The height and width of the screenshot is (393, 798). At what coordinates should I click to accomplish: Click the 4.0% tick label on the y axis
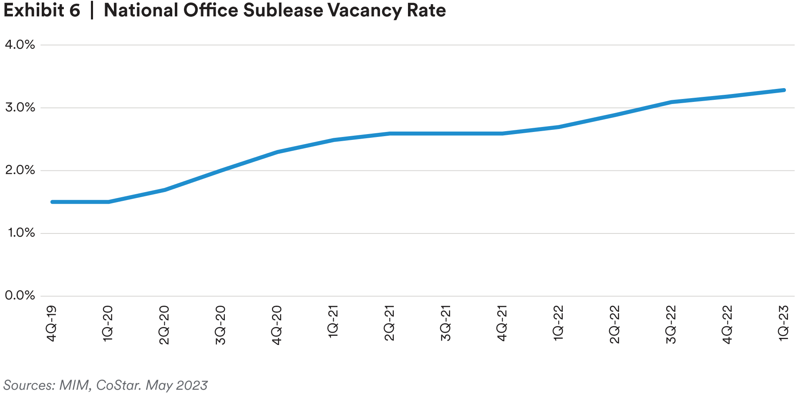20,45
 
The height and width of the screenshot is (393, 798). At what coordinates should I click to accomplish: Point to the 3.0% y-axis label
20,108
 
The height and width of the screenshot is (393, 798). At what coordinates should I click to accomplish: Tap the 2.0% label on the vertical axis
20,170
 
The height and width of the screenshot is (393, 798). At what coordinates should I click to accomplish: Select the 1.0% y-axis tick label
21,233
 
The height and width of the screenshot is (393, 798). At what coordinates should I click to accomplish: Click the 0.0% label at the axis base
20,296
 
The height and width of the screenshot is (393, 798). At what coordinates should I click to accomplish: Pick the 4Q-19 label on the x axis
51,324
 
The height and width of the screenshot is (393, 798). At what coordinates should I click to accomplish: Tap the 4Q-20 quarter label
277,325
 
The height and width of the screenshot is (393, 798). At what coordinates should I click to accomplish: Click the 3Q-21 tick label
446,324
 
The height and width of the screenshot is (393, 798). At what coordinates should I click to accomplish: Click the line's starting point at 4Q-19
53,202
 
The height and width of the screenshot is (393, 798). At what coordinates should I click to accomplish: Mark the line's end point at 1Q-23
784,90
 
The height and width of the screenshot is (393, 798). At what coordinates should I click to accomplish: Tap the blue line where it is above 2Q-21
389,134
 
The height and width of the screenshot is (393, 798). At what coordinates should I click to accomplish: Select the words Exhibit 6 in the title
42,10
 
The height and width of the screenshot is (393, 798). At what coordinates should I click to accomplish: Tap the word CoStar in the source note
118,385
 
